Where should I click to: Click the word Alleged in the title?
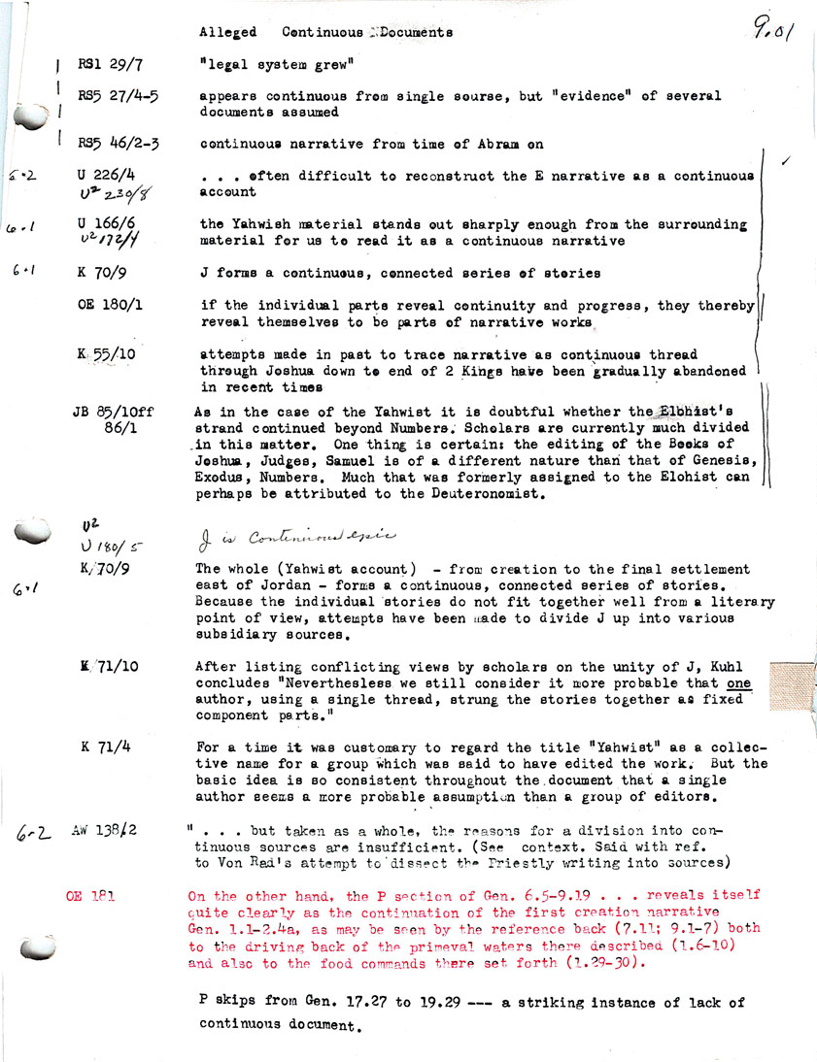coord(228,32)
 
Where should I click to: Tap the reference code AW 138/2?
coord(104,831)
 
